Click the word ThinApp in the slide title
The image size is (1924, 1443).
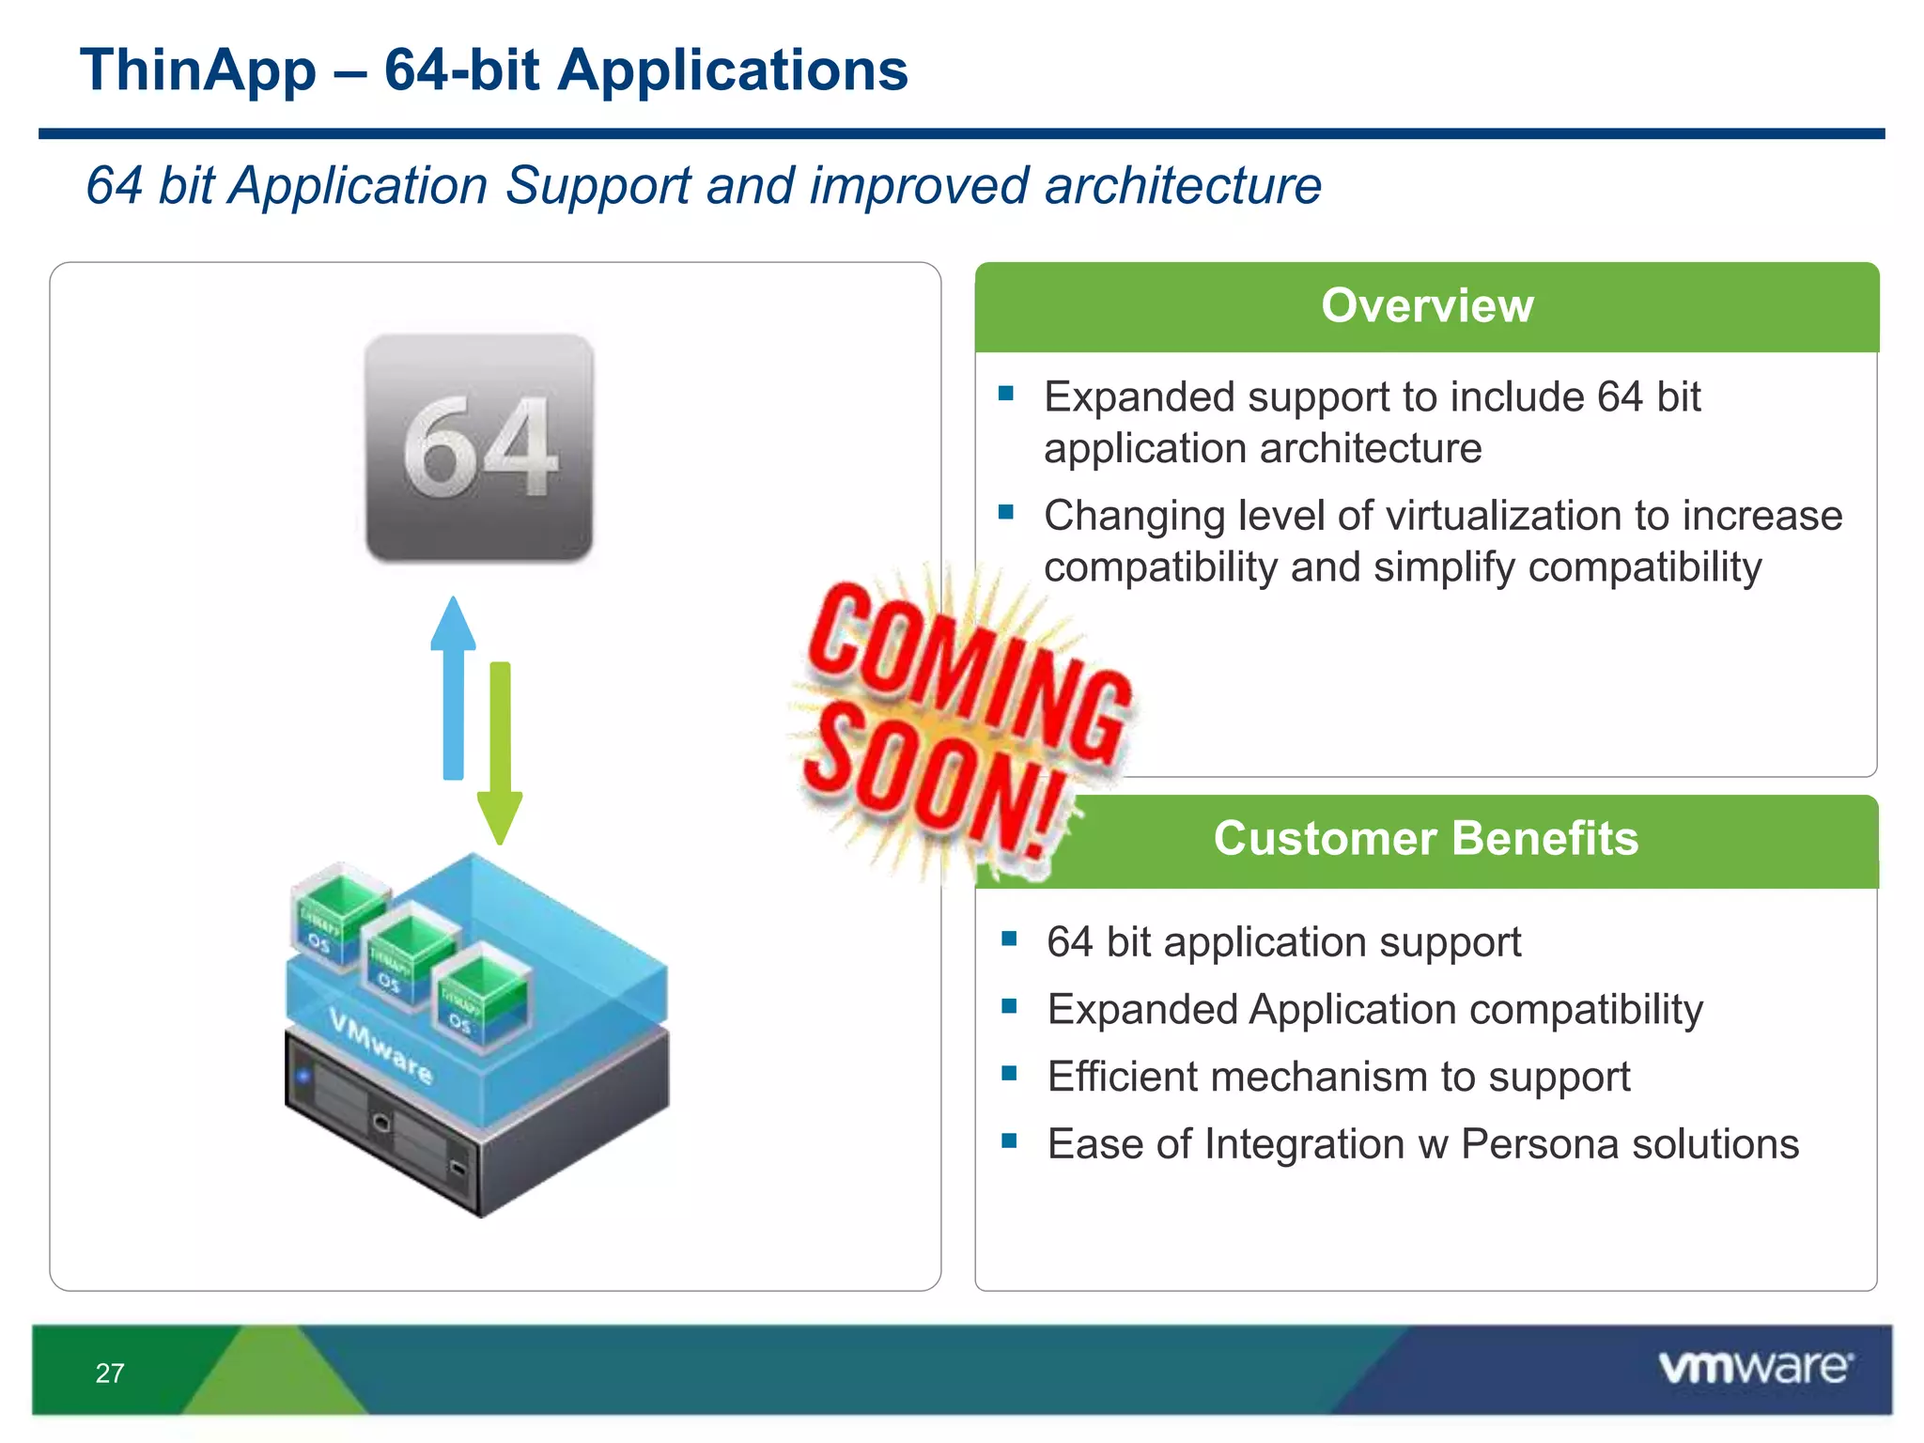198,71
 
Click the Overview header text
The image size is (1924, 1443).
1426,306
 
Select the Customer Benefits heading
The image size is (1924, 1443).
1425,838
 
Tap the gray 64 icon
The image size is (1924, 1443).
479,447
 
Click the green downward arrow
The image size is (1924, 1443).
500,752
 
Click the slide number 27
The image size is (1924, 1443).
110,1373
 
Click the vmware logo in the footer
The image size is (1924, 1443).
1755,1368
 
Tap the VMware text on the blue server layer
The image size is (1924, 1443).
380,1045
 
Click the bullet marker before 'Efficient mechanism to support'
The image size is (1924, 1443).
1009,1073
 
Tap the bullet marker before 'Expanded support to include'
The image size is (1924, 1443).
1006,394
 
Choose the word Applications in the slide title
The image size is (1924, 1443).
732,71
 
